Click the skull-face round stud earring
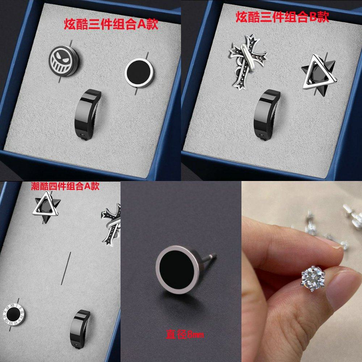64,61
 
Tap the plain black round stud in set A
139,73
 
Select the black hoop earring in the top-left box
88,114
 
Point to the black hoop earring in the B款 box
268,114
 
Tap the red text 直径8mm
185,334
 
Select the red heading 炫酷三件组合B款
282,17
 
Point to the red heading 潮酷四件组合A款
65,186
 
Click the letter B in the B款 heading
312,17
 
